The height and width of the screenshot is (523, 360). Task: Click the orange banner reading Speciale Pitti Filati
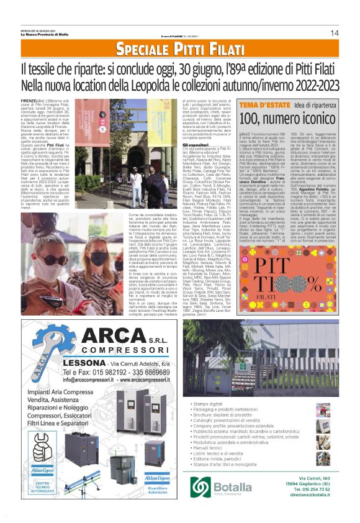click(x=179, y=48)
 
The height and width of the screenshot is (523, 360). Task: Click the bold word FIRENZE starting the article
click(x=30, y=99)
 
